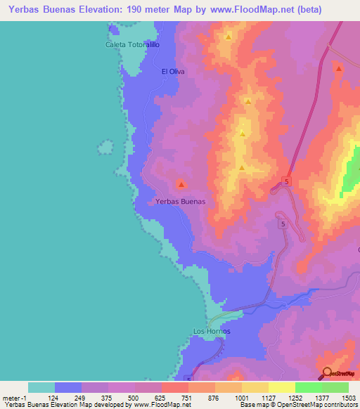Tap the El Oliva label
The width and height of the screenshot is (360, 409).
(173, 71)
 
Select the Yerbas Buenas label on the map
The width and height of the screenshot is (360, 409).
(180, 201)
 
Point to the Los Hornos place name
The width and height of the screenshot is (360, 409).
(212, 331)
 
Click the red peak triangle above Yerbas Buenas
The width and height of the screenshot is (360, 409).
(181, 185)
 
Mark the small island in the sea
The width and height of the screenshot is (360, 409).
(105, 148)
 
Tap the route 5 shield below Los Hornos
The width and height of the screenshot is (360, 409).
(188, 379)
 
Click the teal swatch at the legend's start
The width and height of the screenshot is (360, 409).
(41, 387)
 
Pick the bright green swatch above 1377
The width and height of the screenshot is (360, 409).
(308, 387)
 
